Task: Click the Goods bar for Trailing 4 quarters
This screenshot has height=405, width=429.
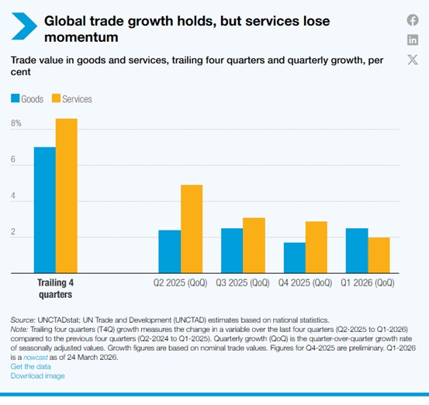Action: [45, 210]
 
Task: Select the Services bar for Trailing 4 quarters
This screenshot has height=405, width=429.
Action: [67, 196]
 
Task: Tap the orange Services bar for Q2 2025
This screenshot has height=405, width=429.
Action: [192, 229]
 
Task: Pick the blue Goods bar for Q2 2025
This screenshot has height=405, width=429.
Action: [170, 251]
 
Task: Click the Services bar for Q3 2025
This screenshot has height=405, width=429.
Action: [254, 245]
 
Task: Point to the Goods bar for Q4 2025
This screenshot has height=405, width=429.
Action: [295, 258]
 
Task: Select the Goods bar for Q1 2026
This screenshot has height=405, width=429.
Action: [357, 251]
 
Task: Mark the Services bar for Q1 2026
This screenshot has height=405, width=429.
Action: [379, 255]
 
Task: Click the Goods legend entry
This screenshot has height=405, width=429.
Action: [27, 99]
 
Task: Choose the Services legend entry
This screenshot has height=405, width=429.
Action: [72, 99]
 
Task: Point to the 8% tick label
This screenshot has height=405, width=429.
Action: [16, 123]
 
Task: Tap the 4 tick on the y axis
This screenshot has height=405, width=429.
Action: [13, 196]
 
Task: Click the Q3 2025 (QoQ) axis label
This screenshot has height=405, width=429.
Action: [243, 282]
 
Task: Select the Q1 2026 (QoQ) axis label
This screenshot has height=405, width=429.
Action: [368, 282]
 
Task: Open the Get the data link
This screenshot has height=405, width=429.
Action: [31, 366]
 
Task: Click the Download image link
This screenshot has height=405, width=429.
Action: [38, 376]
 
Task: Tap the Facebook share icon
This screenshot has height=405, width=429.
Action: [413, 20]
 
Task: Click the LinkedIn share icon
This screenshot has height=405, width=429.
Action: [413, 40]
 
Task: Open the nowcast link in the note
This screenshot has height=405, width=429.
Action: [36, 357]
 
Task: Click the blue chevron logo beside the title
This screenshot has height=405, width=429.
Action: [24, 26]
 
